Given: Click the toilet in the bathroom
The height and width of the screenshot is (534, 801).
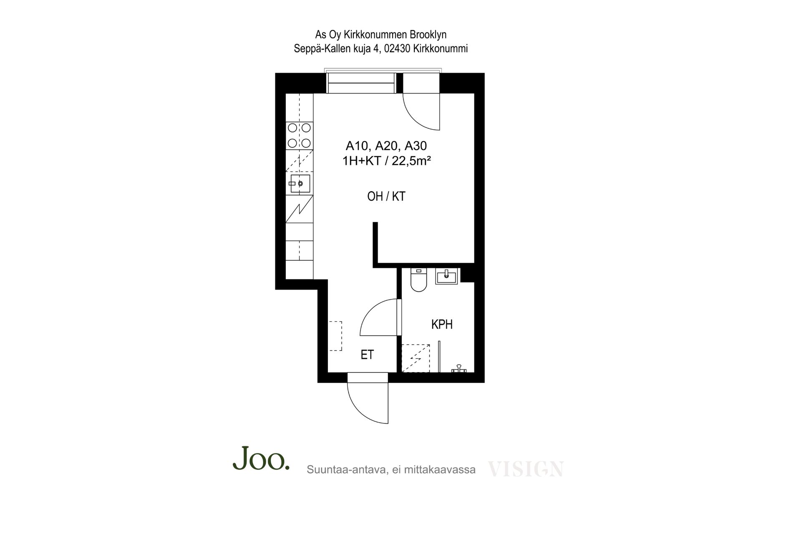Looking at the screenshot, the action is click(418, 280).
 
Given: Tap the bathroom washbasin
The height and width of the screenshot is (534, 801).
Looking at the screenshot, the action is click(446, 276).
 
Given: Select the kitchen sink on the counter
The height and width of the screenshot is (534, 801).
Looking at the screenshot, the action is click(299, 183).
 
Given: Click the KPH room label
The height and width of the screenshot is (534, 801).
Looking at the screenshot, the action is click(442, 324).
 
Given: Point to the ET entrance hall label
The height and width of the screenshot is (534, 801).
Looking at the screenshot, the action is click(367, 355).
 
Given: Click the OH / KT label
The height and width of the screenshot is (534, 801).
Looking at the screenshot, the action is click(386, 196).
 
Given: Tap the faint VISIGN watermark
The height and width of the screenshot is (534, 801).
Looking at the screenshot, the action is click(526, 469).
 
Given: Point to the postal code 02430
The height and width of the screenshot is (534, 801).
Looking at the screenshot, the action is click(397, 48).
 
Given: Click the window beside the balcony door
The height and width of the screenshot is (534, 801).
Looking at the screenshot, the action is click(361, 82).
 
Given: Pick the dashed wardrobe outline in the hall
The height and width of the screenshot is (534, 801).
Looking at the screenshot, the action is click(335, 336).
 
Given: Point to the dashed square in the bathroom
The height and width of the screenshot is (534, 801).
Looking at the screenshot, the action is click(416, 358).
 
